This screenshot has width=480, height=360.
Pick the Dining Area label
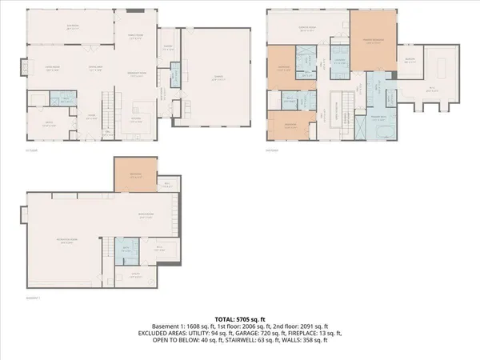pyautogui.click(x=94, y=70)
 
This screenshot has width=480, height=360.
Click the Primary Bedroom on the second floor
pyautogui.click(x=372, y=40)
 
